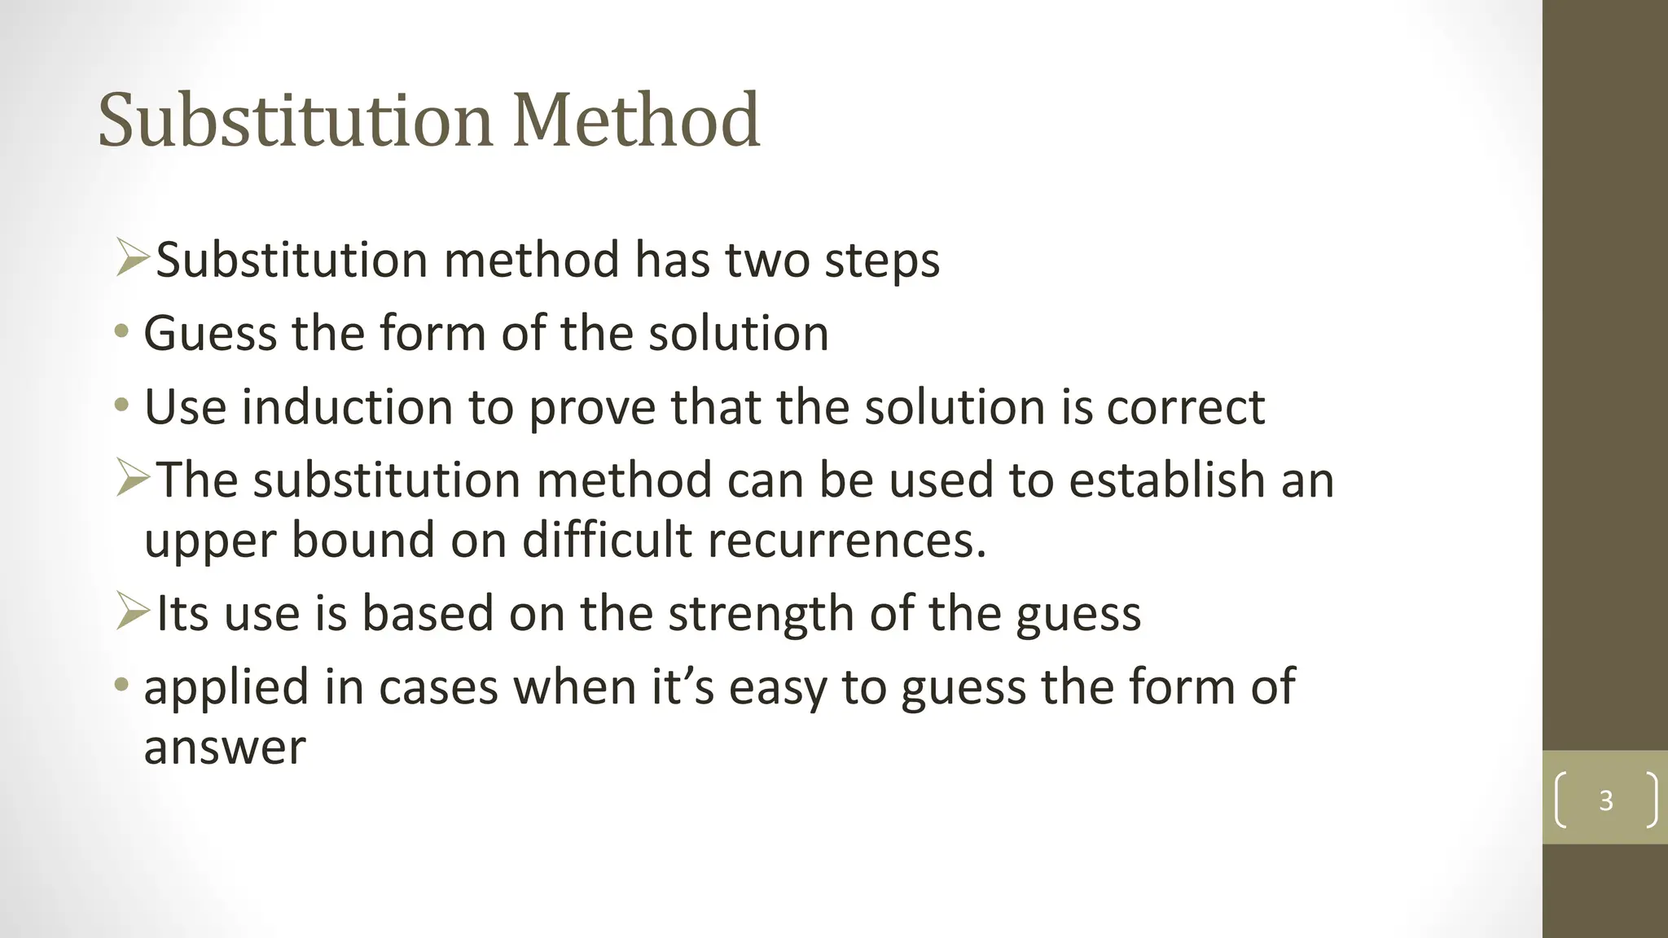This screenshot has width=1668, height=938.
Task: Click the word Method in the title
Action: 637,121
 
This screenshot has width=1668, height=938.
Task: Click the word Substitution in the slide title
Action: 295,121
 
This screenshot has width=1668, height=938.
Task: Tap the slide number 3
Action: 1605,800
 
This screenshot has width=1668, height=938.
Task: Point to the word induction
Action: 347,406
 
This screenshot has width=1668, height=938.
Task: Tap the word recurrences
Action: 847,540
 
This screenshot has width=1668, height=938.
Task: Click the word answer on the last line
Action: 225,747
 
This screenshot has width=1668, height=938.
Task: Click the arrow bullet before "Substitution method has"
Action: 132,258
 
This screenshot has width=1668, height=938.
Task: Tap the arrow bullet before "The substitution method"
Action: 132,478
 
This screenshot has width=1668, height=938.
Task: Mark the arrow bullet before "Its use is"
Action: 132,611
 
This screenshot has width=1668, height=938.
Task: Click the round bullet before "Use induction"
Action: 121,405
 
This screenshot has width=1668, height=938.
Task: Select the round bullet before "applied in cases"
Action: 121,685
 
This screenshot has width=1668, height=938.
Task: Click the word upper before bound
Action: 209,541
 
